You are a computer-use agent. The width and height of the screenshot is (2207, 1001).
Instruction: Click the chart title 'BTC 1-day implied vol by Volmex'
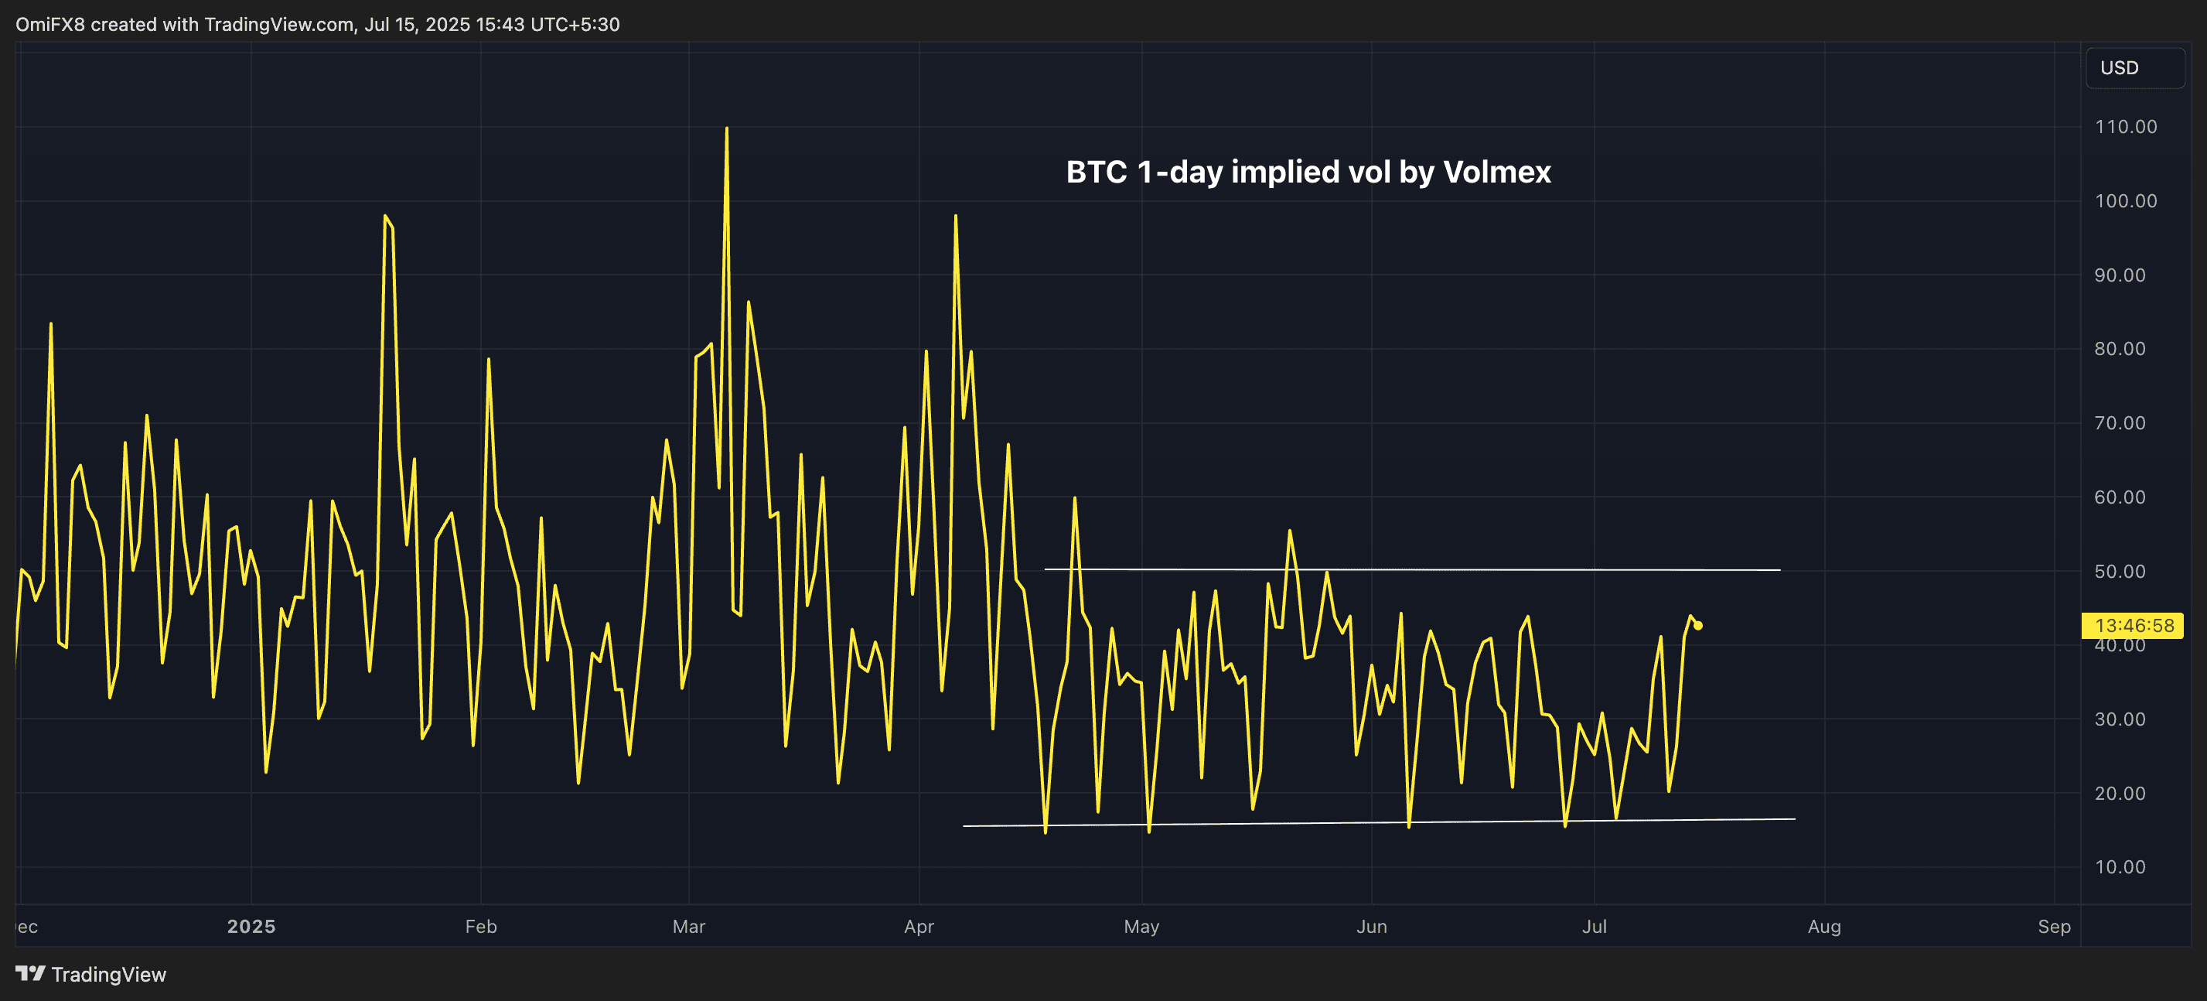[x=1308, y=173]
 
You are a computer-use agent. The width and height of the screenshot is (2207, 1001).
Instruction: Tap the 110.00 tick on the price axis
[x=2126, y=127]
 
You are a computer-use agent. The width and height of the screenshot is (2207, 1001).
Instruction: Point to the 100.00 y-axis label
[x=2126, y=201]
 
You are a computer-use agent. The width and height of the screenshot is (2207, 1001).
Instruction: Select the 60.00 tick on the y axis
[x=2120, y=497]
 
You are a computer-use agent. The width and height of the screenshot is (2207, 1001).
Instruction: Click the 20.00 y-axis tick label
[x=2120, y=794]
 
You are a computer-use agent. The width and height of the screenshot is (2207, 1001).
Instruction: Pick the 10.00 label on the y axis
[x=2120, y=867]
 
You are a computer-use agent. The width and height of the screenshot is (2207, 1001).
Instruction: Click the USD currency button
[x=2120, y=68]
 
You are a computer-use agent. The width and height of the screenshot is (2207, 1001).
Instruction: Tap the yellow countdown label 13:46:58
[x=2134, y=626]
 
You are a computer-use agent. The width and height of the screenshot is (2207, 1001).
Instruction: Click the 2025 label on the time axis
[x=251, y=927]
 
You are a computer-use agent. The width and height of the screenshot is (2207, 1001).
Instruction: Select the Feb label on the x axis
[x=481, y=927]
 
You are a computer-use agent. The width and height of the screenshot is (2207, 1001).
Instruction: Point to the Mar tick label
[x=689, y=927]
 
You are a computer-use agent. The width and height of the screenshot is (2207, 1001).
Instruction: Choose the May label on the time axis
[x=1141, y=927]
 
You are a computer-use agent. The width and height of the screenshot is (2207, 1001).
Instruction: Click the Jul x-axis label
[x=1594, y=927]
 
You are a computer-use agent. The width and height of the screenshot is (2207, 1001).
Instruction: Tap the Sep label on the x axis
[x=2054, y=927]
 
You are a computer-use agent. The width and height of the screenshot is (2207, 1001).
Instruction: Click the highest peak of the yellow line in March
[x=727, y=128]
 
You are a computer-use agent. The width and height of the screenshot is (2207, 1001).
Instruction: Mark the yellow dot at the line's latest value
[x=1698, y=626]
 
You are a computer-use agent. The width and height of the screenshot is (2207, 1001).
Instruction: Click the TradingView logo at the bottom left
[x=90, y=975]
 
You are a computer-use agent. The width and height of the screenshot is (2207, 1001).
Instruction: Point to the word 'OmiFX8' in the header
[x=49, y=24]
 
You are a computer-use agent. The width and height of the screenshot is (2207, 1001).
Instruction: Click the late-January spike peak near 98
[x=384, y=216]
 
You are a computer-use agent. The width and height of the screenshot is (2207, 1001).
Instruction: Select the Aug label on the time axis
[x=1824, y=927]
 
